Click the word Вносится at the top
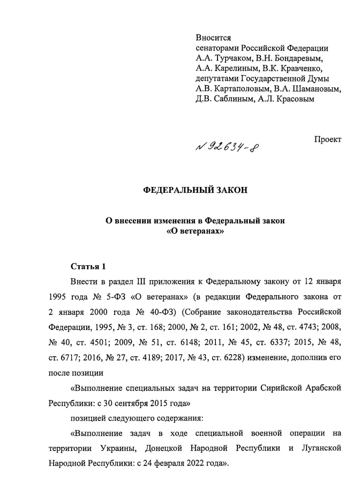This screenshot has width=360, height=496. point(213,37)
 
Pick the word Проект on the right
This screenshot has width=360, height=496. point(327,139)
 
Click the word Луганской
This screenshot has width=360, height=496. point(320,447)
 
